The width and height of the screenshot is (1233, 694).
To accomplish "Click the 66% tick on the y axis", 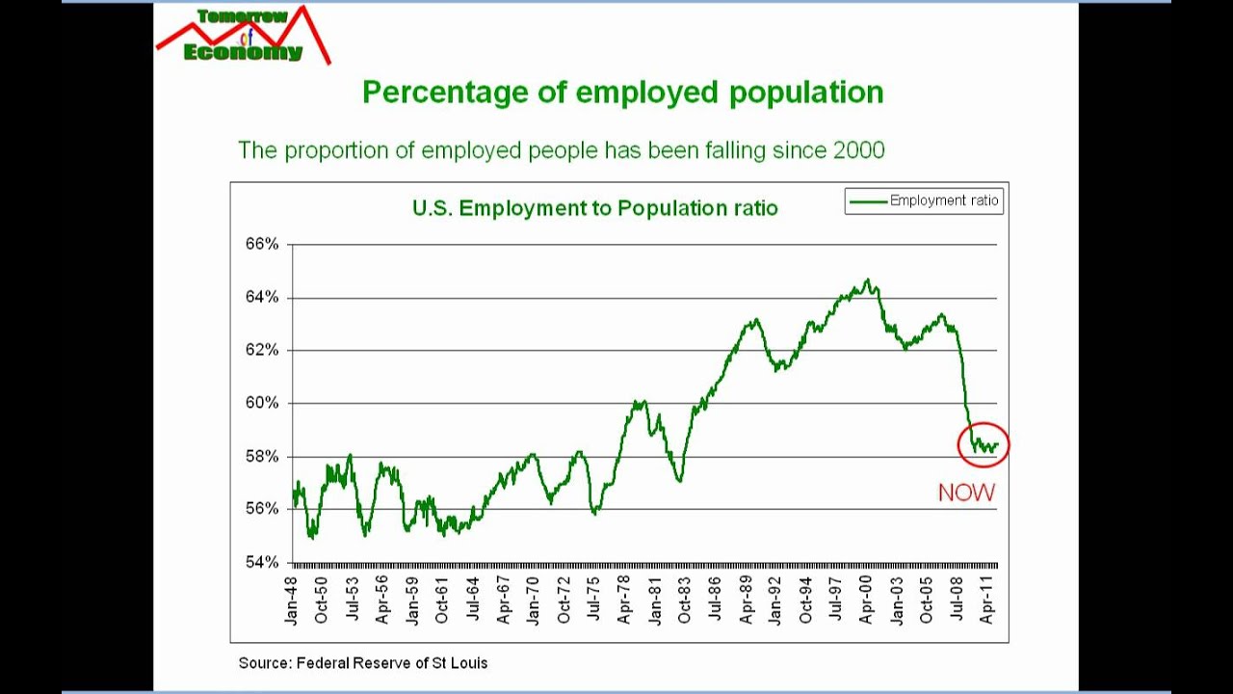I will click(x=261, y=244).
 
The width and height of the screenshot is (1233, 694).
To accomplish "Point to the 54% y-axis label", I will click(x=261, y=562).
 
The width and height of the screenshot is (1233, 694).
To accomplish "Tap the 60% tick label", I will click(x=261, y=403).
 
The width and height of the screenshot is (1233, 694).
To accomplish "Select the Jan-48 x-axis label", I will click(x=292, y=601).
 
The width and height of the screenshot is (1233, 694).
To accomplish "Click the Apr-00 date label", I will click(x=866, y=601).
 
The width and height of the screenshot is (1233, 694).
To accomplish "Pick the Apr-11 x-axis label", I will click(x=986, y=601).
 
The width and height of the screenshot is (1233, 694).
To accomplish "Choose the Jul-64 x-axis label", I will click(x=473, y=601).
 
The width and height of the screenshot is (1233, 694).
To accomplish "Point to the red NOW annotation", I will click(x=966, y=493).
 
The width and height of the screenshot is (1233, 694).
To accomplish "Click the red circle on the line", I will click(x=984, y=444).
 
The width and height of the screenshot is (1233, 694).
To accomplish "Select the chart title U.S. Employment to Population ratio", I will click(x=594, y=208).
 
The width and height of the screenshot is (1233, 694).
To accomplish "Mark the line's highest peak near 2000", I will click(x=868, y=280).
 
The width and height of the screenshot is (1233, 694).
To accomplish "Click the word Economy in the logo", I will click(x=243, y=52).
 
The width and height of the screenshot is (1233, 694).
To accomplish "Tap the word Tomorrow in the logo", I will click(x=242, y=16).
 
